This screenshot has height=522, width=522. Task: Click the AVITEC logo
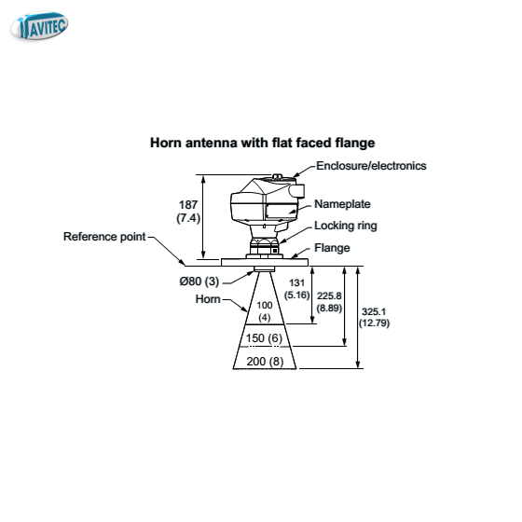click(x=39, y=26)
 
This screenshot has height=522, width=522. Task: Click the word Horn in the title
click(x=166, y=143)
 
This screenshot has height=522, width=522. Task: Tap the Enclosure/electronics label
click(x=371, y=166)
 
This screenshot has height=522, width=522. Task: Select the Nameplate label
click(x=342, y=204)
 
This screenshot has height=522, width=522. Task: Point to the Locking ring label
click(x=346, y=226)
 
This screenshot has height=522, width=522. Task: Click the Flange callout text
click(x=332, y=248)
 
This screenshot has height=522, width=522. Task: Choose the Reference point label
click(x=104, y=237)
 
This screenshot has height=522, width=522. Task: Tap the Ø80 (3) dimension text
click(x=199, y=282)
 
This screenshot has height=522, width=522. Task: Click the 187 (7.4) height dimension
click(x=188, y=212)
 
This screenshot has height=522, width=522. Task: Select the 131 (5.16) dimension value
click(x=297, y=289)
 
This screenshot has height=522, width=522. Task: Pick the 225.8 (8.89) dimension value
click(x=329, y=302)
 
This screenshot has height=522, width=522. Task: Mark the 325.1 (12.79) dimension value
click(x=374, y=317)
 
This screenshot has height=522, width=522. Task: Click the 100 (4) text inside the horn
click(x=265, y=311)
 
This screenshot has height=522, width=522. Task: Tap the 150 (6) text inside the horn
click(x=264, y=338)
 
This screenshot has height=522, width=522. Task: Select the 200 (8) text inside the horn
click(x=265, y=362)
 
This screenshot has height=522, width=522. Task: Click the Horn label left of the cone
click(x=208, y=299)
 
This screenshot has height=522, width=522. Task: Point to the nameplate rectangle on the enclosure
click(x=281, y=211)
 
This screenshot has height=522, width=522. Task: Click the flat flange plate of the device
click(x=265, y=262)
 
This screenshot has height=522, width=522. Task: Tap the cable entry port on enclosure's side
click(x=297, y=191)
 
